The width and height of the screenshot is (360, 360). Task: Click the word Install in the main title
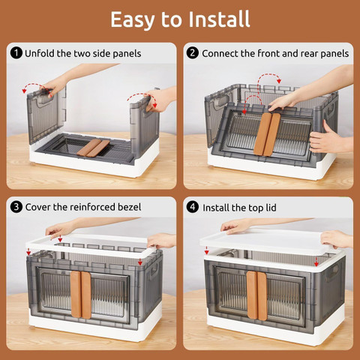point(219,19)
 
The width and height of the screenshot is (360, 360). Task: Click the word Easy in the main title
point(132,20)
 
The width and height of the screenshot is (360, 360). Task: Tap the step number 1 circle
point(16,53)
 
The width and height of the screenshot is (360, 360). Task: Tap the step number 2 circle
point(193,53)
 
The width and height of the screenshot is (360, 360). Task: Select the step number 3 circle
point(16,207)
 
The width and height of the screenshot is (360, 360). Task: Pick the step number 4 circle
point(193,208)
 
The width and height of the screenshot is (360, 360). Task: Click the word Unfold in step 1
point(40,53)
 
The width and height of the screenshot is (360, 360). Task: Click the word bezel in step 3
point(130,207)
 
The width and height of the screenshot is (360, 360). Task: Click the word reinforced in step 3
point(92,207)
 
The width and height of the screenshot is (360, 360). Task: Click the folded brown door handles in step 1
point(93,148)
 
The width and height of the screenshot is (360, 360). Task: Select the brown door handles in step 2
point(267,134)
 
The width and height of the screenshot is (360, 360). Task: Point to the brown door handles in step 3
point(80,295)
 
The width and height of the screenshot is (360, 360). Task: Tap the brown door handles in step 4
point(256,295)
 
